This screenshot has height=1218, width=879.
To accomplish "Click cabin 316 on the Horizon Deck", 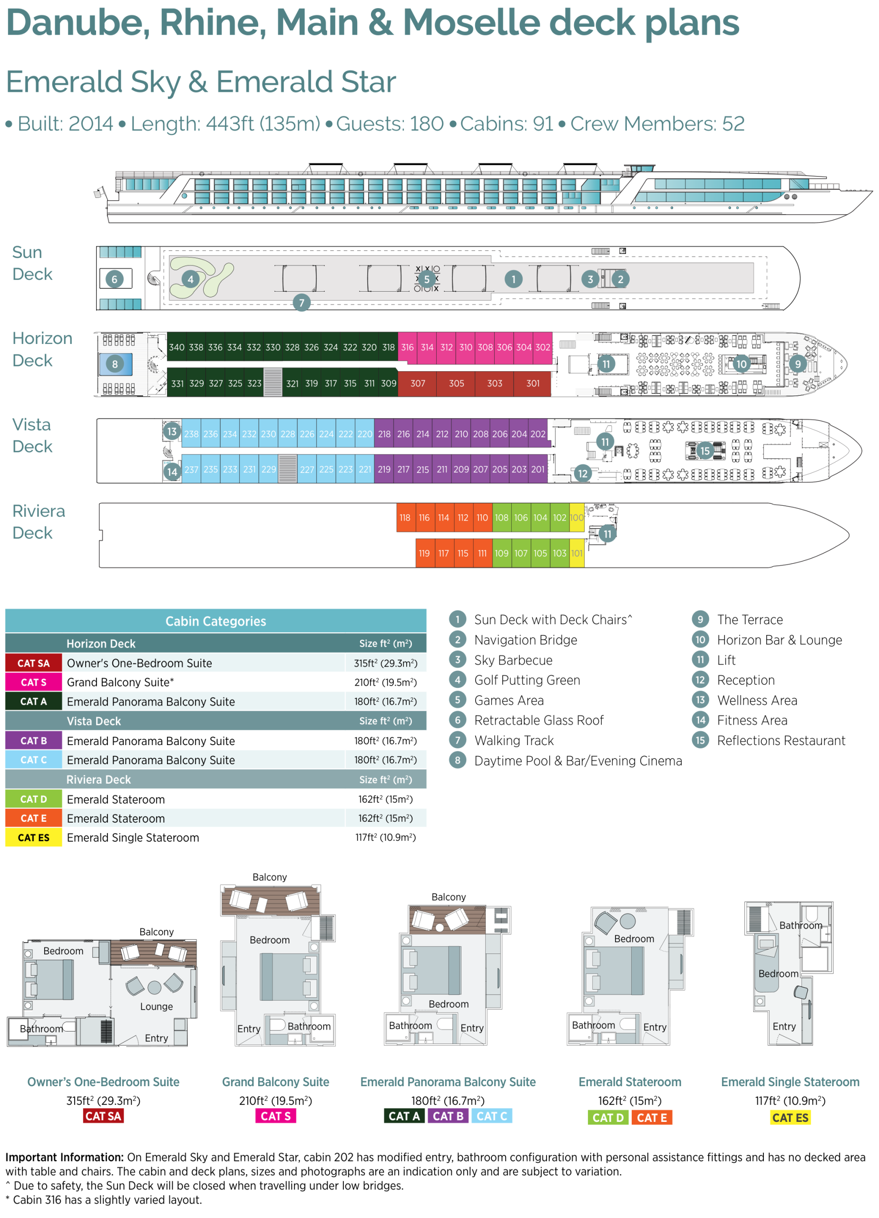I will tap(408, 347).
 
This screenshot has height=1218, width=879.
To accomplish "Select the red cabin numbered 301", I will tap(533, 383).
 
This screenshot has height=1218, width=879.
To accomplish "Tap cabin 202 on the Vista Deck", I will tap(538, 434).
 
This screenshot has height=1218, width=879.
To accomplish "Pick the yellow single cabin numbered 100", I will tap(576, 518).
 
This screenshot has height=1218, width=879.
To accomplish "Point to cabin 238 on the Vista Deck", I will tap(191, 434).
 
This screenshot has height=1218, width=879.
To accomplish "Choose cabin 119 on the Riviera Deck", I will tap(424, 553).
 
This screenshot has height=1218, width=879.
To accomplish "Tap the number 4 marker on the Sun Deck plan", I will tap(191, 279).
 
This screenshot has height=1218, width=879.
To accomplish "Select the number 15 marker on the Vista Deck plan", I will tap(705, 451).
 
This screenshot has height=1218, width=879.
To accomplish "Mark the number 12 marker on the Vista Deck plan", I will tap(583, 474).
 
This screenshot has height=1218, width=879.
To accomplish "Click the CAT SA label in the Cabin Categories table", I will tap(33, 663).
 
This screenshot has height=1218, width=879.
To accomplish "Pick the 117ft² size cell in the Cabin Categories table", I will tap(386, 837).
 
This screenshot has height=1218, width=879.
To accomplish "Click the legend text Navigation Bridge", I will tap(526, 640).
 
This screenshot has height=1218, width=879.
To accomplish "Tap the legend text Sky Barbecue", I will tap(513, 660).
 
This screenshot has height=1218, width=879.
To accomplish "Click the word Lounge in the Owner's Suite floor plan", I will tap(156, 1006).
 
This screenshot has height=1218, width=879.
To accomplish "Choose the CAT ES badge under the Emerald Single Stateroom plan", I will tap(790, 1118).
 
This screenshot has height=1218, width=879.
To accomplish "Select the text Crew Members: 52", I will tap(657, 124).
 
